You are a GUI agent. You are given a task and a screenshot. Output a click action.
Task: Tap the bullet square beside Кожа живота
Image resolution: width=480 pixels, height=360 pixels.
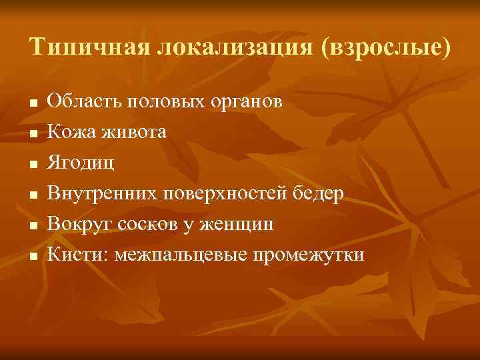point(32,133)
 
